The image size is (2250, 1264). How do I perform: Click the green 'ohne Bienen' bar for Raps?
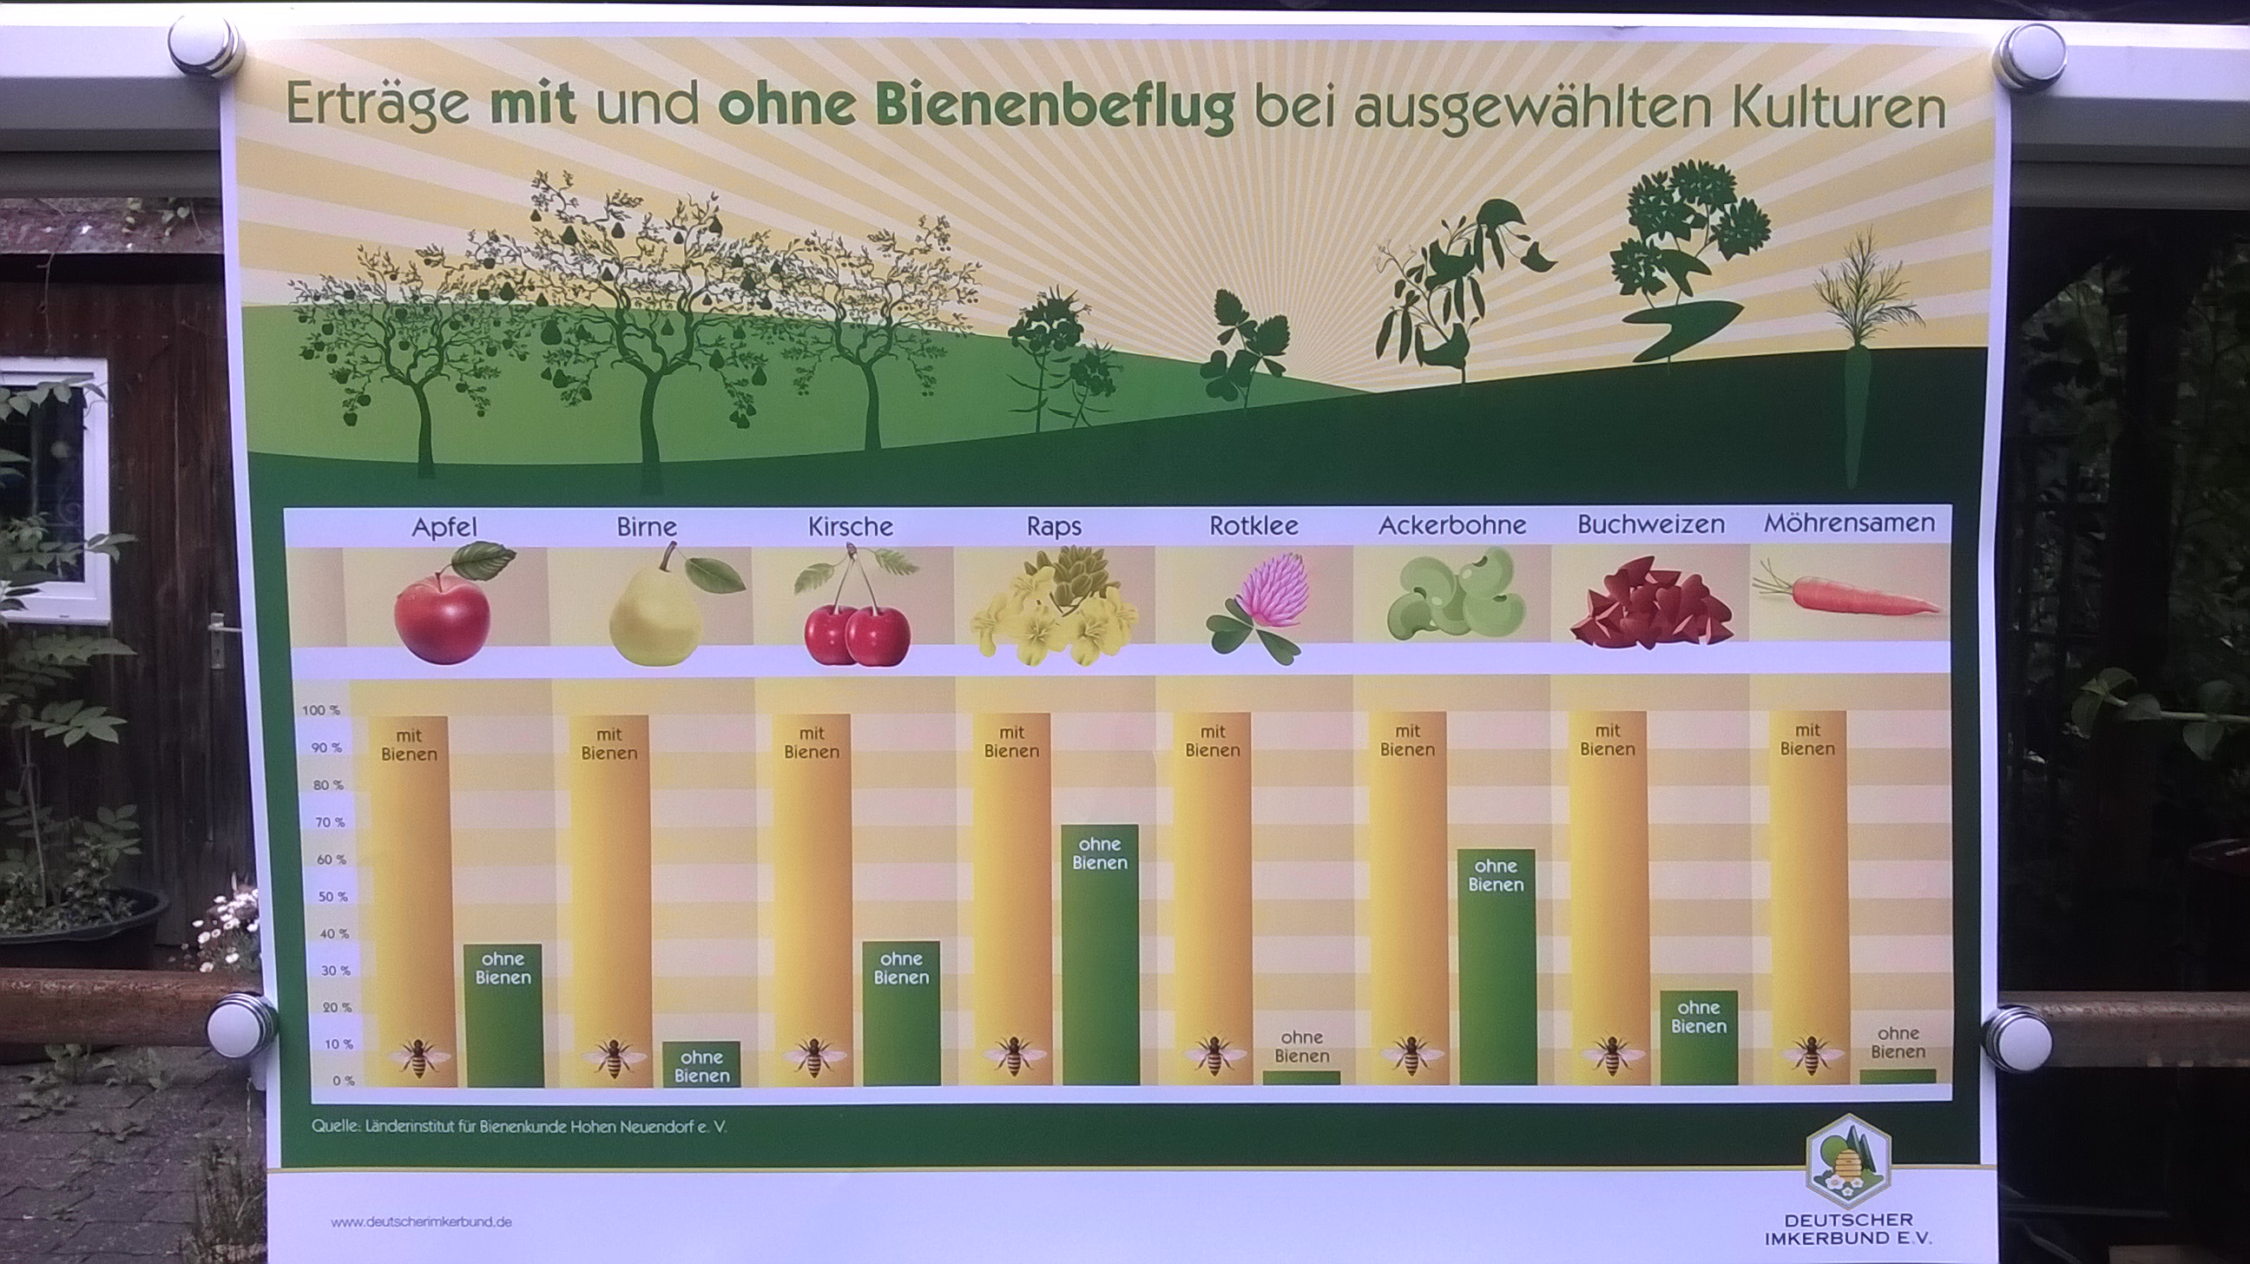tap(1101, 954)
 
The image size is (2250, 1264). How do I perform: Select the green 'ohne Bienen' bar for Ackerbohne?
tap(1497, 966)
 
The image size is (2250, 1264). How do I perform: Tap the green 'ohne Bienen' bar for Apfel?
tap(504, 1015)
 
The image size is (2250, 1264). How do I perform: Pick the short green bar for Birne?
tap(701, 1064)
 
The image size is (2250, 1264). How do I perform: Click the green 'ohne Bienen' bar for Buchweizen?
tap(1699, 1037)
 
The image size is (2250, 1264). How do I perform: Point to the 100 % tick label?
tap(320, 710)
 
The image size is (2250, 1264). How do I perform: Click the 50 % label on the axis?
tap(331, 896)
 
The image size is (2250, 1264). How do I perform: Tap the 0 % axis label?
tap(343, 1081)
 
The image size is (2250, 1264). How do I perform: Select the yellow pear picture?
tap(664, 604)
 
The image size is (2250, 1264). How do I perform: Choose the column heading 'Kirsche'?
tap(850, 527)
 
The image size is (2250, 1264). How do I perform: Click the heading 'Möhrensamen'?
tap(1849, 523)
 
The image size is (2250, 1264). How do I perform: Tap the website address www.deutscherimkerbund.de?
tap(421, 1222)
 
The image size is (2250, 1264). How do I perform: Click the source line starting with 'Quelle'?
tap(519, 1127)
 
